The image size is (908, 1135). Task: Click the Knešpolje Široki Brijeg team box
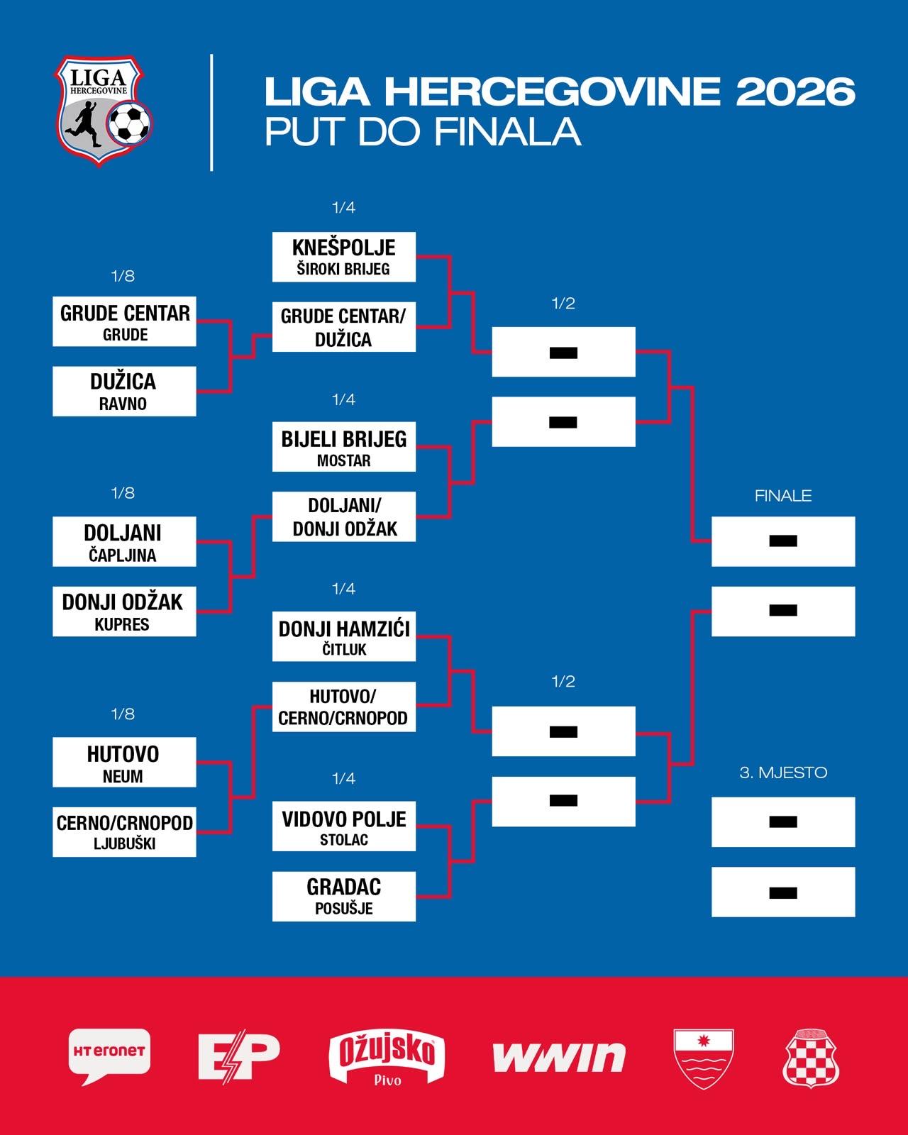344,257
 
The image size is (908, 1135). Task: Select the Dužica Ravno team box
125,392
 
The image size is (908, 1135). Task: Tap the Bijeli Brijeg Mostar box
344,447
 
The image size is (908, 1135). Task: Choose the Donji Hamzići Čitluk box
344,636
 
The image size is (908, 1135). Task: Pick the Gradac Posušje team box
344,897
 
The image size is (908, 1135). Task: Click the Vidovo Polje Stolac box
344,826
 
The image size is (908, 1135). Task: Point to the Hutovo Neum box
125,762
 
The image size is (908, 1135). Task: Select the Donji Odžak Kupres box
125,611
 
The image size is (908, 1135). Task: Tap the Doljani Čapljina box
125,542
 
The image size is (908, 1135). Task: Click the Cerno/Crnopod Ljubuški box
125,831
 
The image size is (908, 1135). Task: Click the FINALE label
783,496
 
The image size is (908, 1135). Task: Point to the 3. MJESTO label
783,773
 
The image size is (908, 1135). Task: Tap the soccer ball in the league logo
129,123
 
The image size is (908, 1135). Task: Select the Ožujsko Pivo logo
387,1057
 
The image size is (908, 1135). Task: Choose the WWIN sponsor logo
559,1057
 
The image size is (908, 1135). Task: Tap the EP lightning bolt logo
239,1056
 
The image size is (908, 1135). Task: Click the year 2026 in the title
795,92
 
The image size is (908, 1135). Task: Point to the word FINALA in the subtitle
507,131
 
